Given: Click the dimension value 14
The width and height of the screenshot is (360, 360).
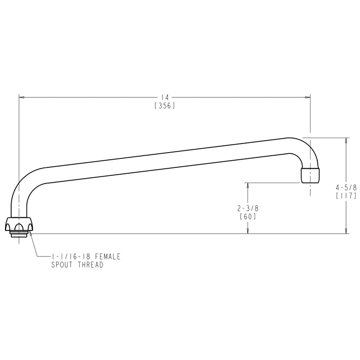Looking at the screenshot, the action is pos(165,98).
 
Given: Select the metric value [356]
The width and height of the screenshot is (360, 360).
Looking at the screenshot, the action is pos(165,106).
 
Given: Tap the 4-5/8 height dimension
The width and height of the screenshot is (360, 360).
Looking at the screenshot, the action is pos(346,188).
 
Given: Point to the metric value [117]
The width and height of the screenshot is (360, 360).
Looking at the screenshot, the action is pos(346,196).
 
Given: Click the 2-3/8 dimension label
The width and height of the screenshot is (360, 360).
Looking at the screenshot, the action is pos(248,208).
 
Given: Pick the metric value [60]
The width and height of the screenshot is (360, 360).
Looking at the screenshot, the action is pos(248,216).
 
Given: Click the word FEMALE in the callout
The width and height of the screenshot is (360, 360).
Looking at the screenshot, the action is pos(108,256).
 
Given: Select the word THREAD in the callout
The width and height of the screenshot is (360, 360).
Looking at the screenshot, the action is pos(90,265).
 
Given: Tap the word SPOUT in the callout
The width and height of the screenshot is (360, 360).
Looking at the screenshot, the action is pos(62,265).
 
